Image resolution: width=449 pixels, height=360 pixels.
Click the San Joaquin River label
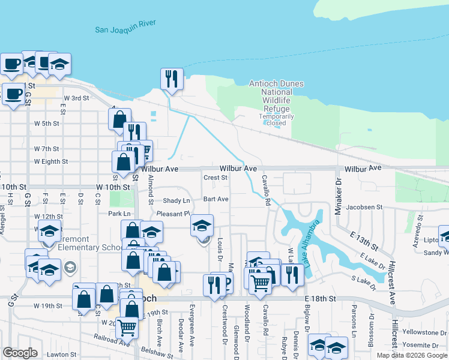point(125,26)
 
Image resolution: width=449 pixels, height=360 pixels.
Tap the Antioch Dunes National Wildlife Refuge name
point(276,96)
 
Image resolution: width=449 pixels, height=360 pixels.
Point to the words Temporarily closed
point(276,119)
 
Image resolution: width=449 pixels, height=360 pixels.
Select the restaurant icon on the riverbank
point(172,79)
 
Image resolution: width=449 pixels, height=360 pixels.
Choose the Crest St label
point(215,178)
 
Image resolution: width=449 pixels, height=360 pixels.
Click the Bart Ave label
point(215,199)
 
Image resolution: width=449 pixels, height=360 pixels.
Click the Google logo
point(20,353)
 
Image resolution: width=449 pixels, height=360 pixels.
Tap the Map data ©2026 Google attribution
point(412,355)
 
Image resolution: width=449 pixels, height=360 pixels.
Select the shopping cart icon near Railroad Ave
point(127,328)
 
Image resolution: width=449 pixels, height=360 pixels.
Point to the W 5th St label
point(47,124)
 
